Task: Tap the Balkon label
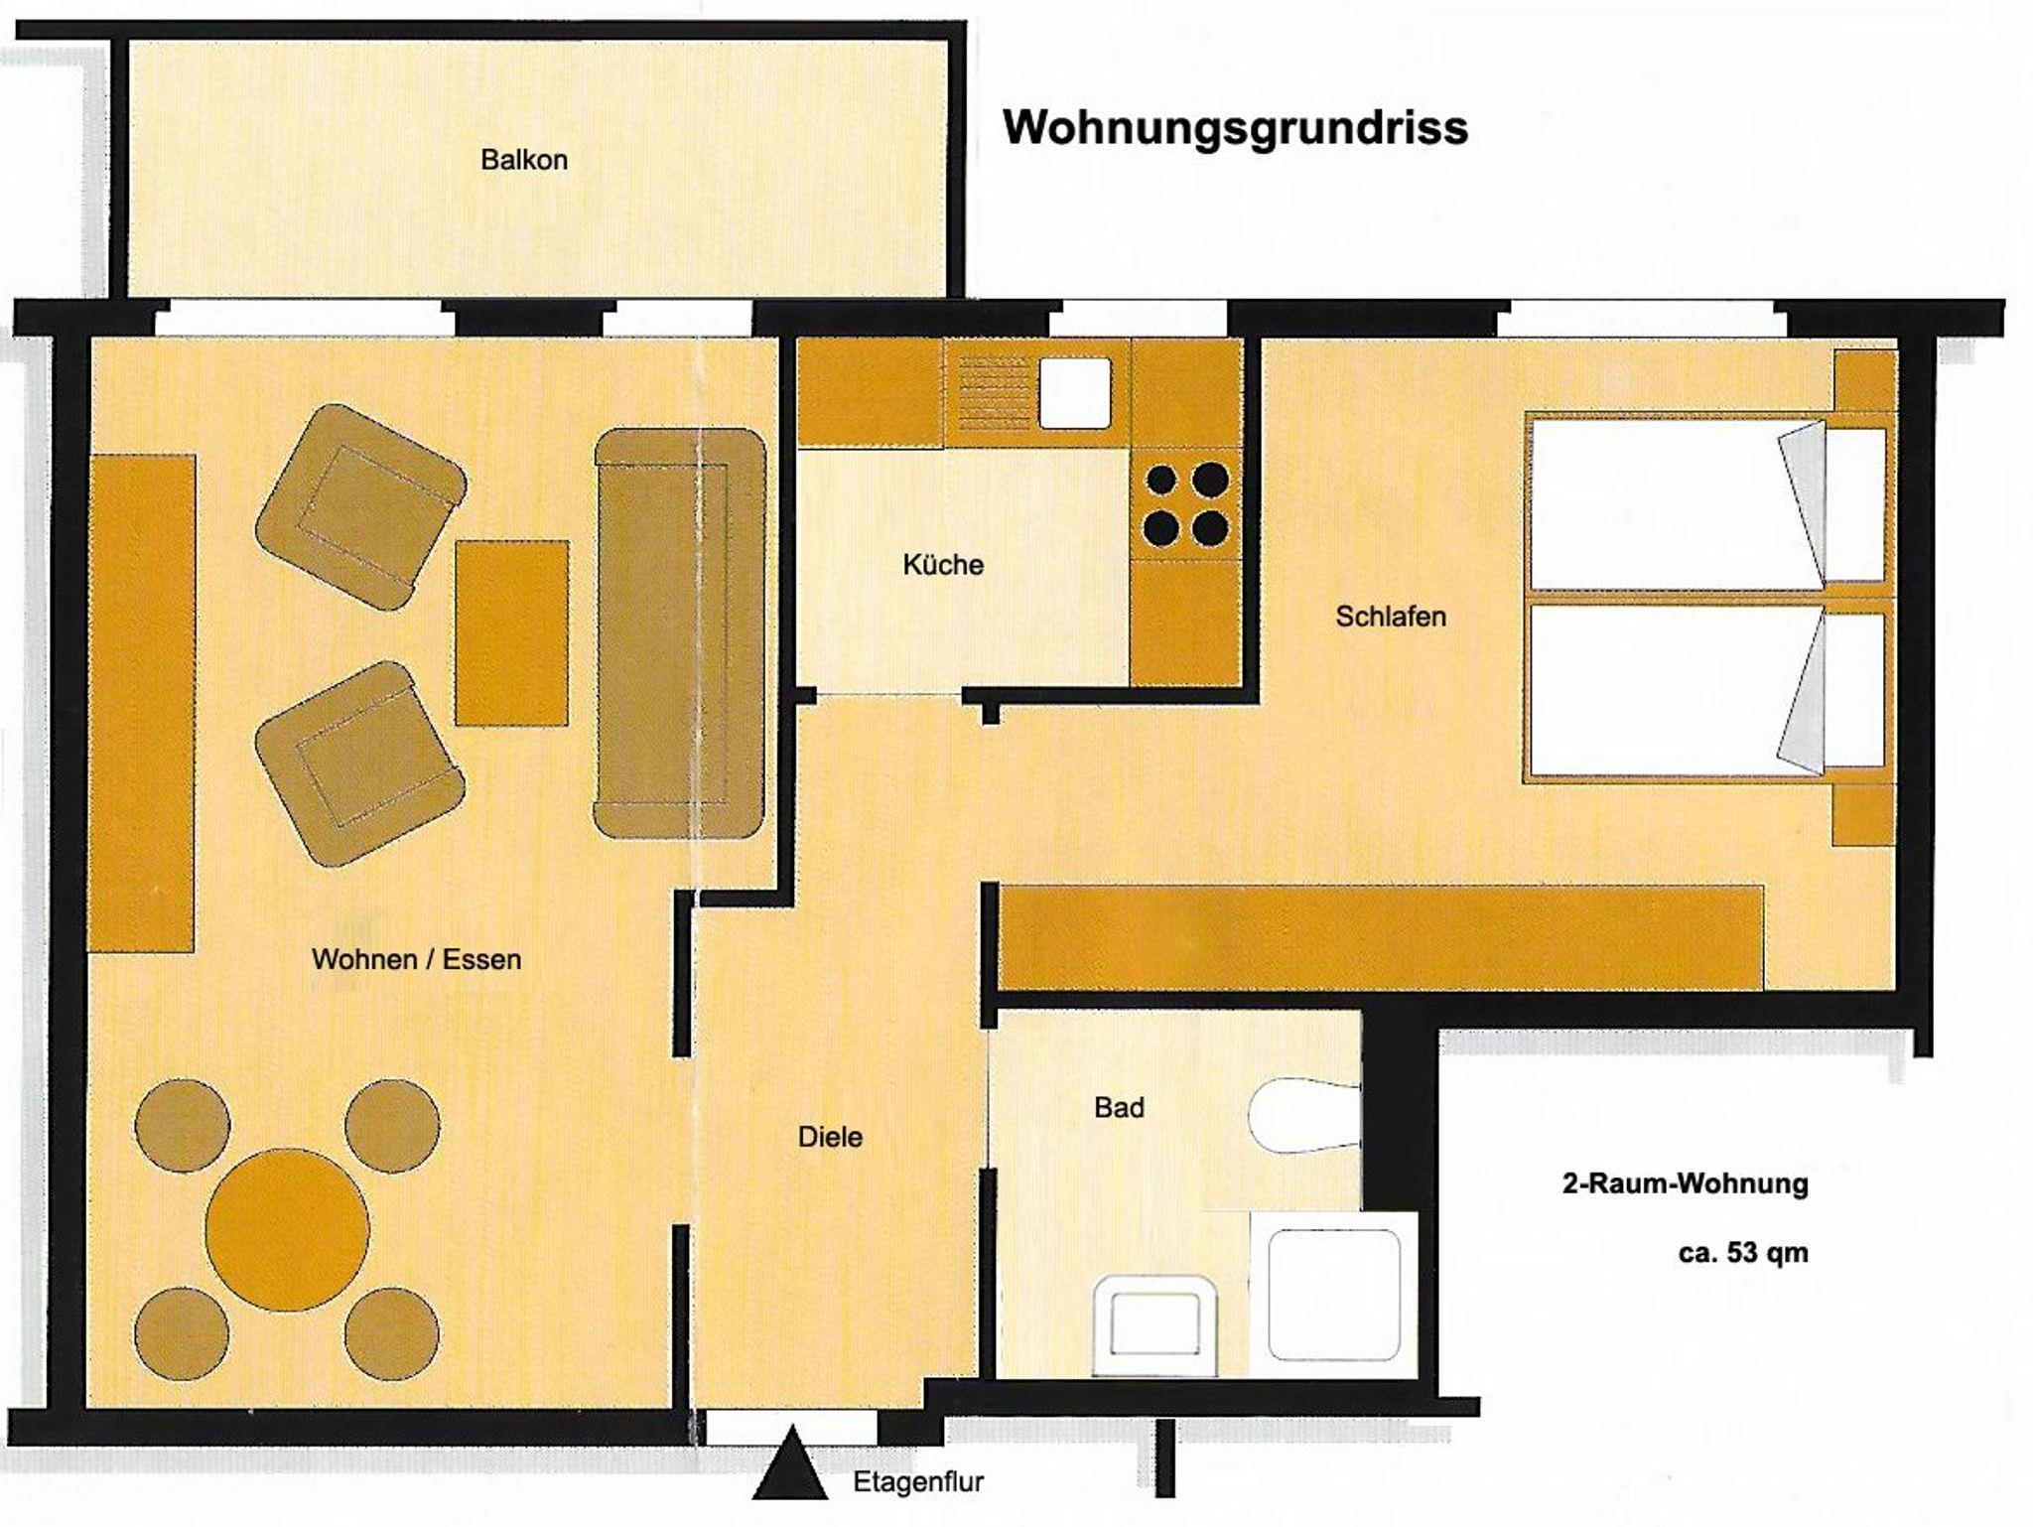pyautogui.click(x=524, y=160)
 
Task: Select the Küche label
pyautogui.click(x=943, y=565)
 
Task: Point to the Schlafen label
pyautogui.click(x=1391, y=617)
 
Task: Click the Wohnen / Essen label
pyautogui.click(x=416, y=959)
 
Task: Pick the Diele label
pyautogui.click(x=830, y=1137)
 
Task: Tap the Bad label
pyautogui.click(x=1119, y=1107)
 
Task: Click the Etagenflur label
pyautogui.click(x=918, y=1482)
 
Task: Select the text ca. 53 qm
pyautogui.click(x=1743, y=1253)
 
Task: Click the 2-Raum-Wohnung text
pyautogui.click(x=1686, y=1183)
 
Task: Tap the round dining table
pyautogui.click(x=288, y=1229)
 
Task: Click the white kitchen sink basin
pyautogui.click(x=1075, y=392)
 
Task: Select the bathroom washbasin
pyautogui.click(x=1154, y=1325)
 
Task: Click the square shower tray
pyautogui.click(x=1334, y=1295)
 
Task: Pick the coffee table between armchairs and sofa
pyautogui.click(x=512, y=633)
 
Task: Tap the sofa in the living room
pyautogui.click(x=680, y=633)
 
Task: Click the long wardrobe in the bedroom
pyautogui.click(x=1381, y=937)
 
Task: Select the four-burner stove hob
pyautogui.click(x=1186, y=504)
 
